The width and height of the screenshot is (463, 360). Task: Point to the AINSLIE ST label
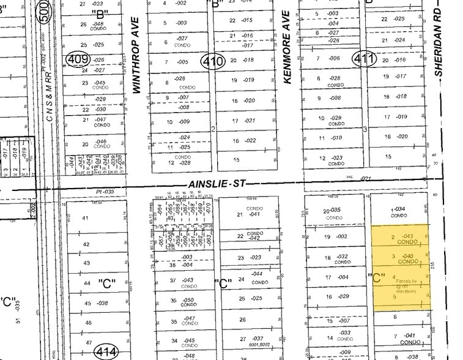pyautogui.click(x=210, y=183)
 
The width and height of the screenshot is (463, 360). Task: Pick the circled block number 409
pyautogui.click(x=78, y=59)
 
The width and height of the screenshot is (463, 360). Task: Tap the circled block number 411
pyautogui.click(x=359, y=59)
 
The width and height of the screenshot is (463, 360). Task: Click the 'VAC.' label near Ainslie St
pyautogui.click(x=351, y=178)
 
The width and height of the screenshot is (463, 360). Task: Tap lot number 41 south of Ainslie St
pyautogui.click(x=86, y=217)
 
